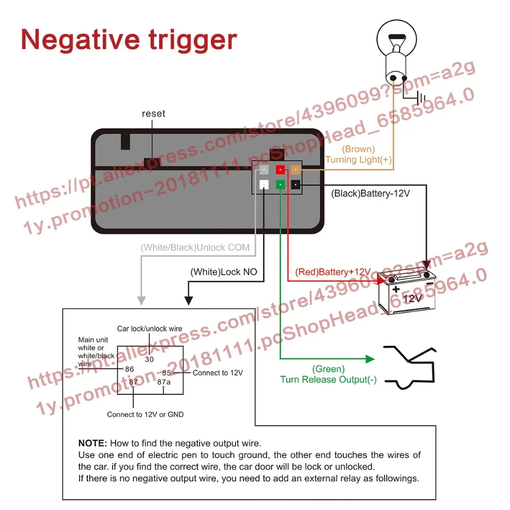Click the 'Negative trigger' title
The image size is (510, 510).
[x=129, y=40]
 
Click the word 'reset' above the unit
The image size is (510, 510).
[x=154, y=113]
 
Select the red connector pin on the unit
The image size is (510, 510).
[x=280, y=170]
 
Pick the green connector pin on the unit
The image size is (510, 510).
[x=280, y=184]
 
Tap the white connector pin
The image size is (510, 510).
[x=264, y=185]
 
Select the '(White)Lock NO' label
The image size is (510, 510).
[x=224, y=272]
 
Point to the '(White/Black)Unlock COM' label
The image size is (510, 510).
[x=195, y=248]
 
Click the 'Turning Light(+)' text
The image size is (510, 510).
[x=359, y=160]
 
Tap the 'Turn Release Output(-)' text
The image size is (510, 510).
[x=328, y=379]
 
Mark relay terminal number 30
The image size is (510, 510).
[x=149, y=359]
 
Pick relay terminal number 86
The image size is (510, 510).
[x=129, y=369]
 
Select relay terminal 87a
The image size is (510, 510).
[x=164, y=381]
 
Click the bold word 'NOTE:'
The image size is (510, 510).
[x=92, y=443]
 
